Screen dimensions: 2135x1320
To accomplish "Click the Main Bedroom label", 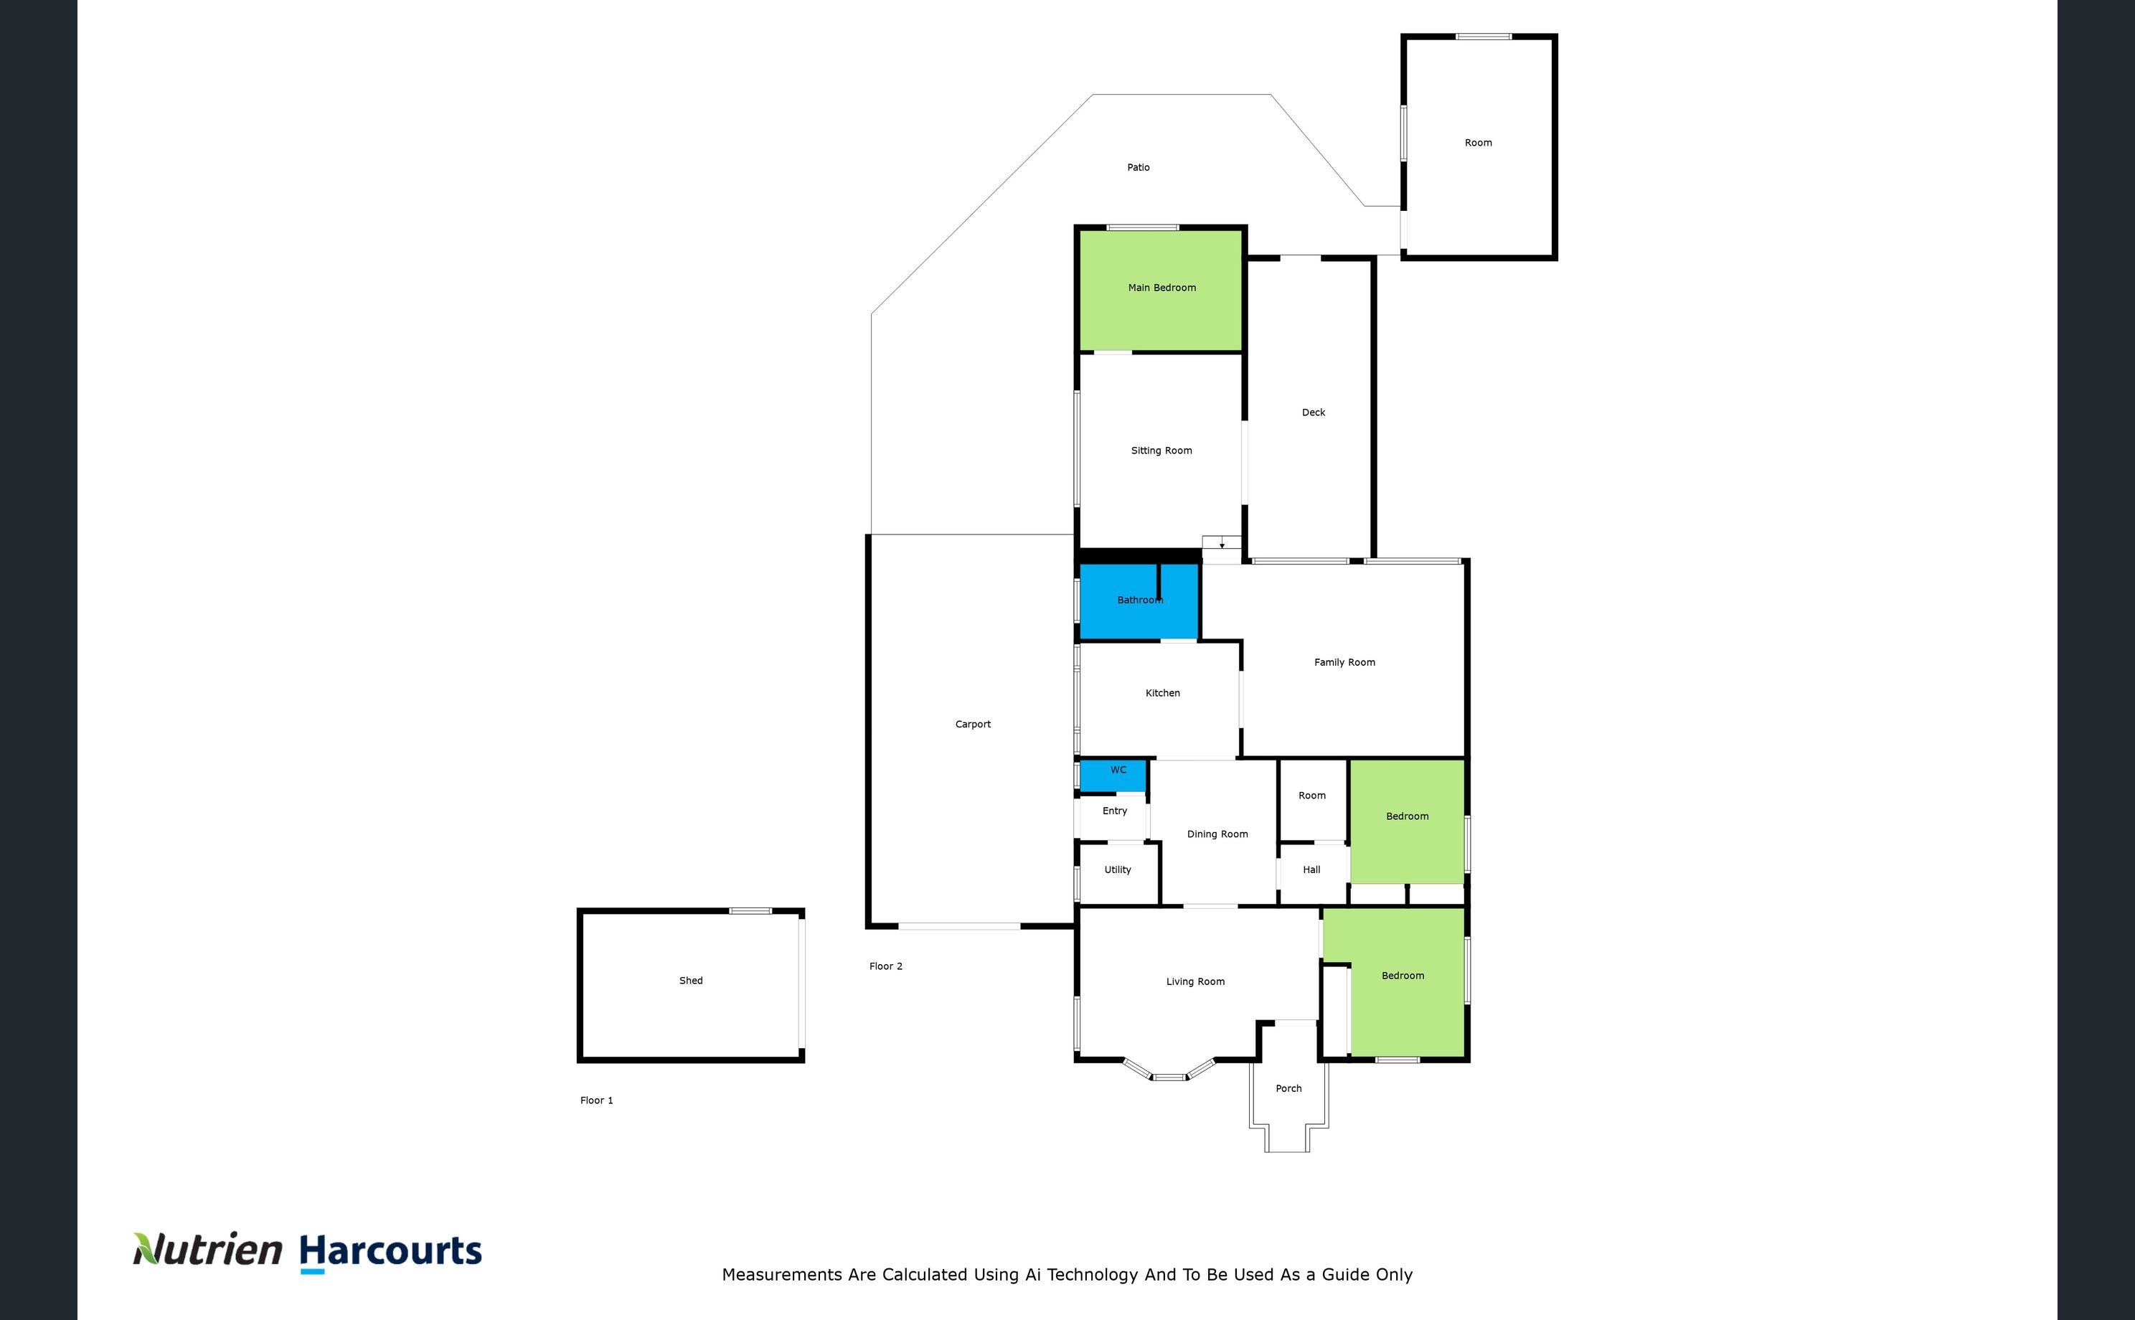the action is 1161,287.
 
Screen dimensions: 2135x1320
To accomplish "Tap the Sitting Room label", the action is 1161,451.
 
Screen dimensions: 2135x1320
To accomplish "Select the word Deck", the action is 1314,412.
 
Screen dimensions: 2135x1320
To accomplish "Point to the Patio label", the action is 1139,166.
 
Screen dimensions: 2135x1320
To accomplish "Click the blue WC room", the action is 1113,776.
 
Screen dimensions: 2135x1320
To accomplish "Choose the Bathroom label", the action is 1140,600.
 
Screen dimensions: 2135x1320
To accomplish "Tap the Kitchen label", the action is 1163,693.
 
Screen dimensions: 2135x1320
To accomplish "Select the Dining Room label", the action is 1217,834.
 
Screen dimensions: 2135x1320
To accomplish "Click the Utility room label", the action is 1117,869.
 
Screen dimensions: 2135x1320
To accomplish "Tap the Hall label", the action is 1311,869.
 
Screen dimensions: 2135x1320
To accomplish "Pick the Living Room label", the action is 1195,982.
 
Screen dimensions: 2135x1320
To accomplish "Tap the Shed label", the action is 690,981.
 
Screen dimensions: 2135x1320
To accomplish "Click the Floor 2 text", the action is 886,966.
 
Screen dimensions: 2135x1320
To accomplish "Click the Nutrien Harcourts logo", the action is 307,1253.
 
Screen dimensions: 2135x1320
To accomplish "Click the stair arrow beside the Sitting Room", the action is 1222,544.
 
